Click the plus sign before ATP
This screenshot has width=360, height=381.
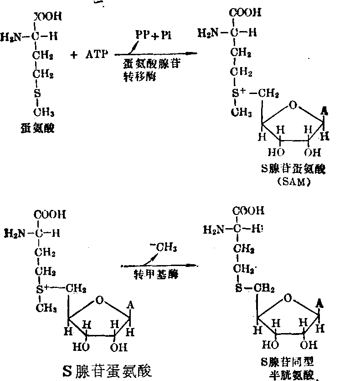74,55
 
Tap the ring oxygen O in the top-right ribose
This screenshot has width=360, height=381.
293,106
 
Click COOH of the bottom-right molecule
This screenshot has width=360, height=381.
248,211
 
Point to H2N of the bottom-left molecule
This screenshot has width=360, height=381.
13,234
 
